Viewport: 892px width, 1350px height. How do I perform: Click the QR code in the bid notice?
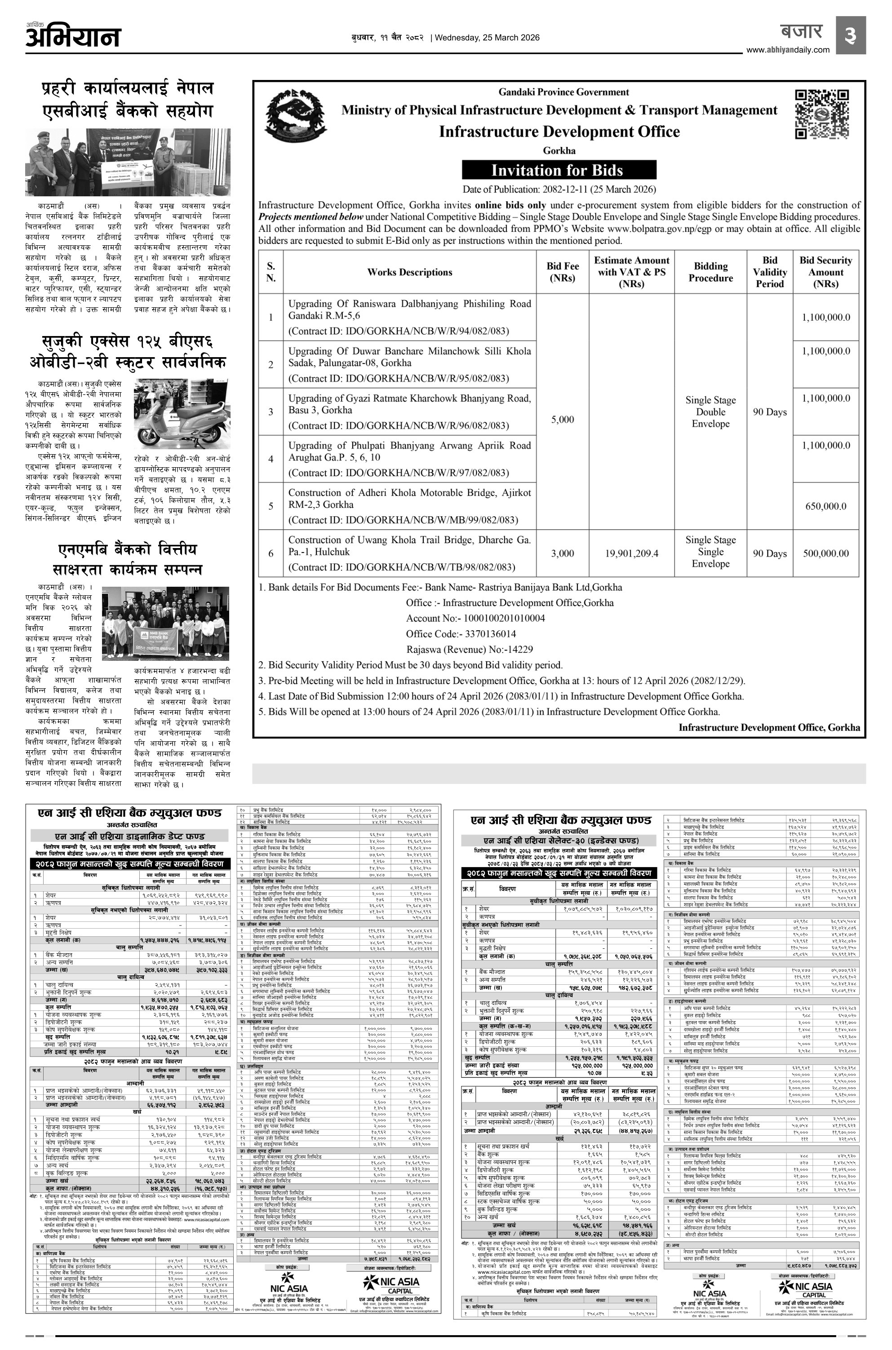coord(821,114)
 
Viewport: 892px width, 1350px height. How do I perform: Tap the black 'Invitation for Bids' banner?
coord(559,170)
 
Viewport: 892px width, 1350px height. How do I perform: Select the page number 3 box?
coord(851,35)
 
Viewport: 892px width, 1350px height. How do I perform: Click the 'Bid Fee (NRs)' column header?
coord(563,272)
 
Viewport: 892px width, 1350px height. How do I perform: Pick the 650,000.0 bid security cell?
coord(825,506)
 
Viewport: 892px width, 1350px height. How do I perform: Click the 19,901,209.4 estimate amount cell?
coord(631,553)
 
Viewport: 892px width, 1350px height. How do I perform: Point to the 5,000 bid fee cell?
coord(563,420)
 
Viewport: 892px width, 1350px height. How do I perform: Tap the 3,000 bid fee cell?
coord(563,553)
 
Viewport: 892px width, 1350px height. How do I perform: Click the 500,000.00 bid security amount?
coord(825,553)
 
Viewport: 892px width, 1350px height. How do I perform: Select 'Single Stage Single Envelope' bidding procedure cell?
coord(710,552)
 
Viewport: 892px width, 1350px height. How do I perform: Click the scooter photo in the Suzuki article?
coord(182,406)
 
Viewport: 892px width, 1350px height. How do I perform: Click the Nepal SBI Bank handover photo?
coord(128,162)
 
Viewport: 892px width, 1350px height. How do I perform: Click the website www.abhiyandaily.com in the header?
coord(787,50)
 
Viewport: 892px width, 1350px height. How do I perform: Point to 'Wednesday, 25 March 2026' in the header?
coord(485,38)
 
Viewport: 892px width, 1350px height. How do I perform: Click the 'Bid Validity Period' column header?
coord(770,272)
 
